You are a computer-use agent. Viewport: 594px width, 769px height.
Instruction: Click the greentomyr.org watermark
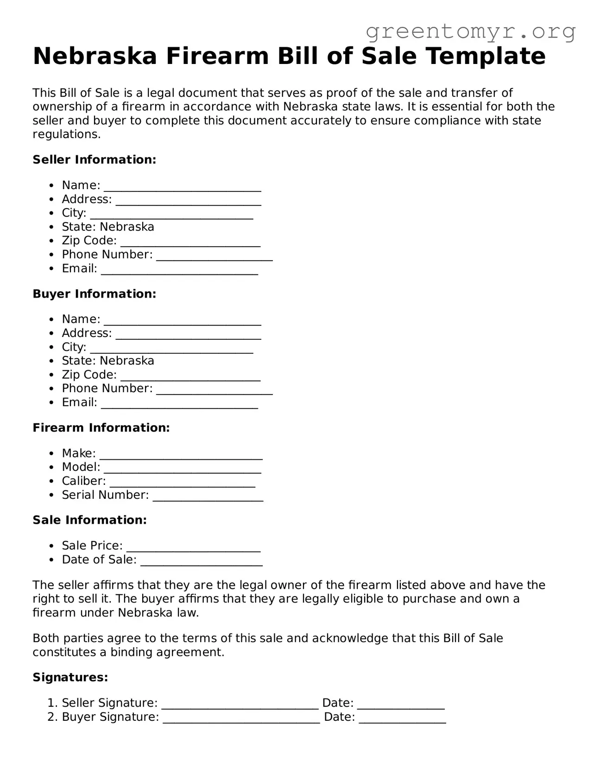pyautogui.click(x=470, y=32)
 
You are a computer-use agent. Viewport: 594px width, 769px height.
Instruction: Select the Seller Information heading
pyautogui.click(x=95, y=160)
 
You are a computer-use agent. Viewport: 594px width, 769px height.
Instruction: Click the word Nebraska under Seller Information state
pyautogui.click(x=127, y=227)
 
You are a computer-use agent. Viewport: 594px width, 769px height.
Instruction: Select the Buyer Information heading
pyautogui.click(x=95, y=294)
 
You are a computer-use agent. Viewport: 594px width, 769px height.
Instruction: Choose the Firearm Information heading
pyautogui.click(x=101, y=428)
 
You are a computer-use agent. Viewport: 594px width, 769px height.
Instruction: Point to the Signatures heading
pyautogui.click(x=70, y=678)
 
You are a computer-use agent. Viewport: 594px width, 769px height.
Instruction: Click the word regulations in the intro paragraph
pyautogui.click(x=66, y=135)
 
